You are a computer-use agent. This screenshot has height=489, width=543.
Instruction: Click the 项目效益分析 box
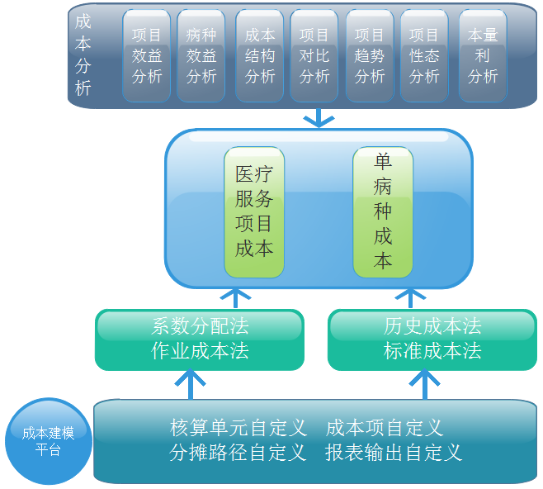click(147, 56)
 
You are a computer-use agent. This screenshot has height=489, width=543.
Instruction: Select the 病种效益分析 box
click(201, 56)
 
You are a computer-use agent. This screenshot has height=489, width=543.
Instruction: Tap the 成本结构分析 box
click(260, 56)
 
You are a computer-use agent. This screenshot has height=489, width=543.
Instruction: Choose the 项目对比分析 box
click(314, 56)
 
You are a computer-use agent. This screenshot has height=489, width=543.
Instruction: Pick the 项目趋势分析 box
click(370, 56)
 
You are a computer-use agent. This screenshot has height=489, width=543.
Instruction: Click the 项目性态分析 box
click(424, 56)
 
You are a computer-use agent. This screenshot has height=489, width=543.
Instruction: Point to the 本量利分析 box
click(483, 56)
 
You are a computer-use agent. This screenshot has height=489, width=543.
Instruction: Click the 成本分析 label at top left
click(83, 55)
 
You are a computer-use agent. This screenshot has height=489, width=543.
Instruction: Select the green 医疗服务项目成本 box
click(254, 211)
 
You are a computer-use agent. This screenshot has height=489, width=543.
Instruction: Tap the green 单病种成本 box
click(383, 211)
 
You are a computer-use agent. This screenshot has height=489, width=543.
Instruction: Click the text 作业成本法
click(200, 351)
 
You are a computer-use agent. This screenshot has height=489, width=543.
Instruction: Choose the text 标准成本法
click(432, 351)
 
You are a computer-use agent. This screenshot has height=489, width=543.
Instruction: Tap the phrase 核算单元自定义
click(238, 428)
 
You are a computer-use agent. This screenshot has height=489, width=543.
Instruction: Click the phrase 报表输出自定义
click(394, 453)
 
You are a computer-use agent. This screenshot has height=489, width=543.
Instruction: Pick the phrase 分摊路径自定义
click(238, 453)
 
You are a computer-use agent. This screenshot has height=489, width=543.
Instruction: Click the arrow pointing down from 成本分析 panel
click(317, 118)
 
